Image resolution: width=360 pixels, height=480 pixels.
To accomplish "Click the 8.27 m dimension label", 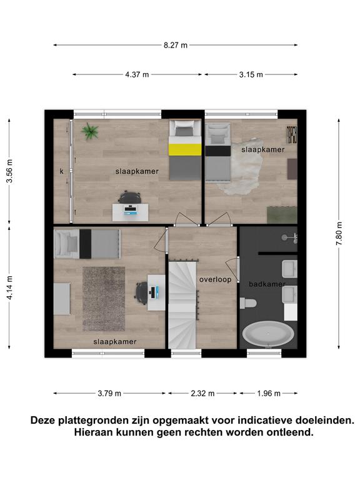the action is [176, 45].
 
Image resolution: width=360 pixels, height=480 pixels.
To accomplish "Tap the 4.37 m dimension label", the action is [137, 74].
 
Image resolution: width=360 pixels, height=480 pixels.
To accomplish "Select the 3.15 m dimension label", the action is [251, 74].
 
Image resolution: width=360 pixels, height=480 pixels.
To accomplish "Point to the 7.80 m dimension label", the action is [339, 234].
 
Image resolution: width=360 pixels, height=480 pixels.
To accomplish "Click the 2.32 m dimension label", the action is [202, 393].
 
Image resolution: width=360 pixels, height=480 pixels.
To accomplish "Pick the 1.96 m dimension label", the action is [269, 393].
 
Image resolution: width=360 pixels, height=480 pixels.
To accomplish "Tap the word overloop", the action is [216, 279].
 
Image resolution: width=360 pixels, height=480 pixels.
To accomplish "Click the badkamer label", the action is [267, 284].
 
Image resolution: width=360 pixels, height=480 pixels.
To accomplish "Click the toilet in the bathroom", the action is [248, 303].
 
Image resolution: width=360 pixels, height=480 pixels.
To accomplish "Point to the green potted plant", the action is [90, 131].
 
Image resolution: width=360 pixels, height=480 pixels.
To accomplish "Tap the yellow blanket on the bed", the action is [185, 150].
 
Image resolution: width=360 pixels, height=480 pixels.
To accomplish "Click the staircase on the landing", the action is [182, 304].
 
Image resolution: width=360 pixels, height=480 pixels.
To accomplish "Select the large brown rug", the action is [104, 299].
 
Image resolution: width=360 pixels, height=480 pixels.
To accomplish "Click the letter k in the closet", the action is [61, 171].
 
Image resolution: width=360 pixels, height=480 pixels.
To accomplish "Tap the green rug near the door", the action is [282, 215].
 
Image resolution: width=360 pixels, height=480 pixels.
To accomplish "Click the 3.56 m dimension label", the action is [10, 171].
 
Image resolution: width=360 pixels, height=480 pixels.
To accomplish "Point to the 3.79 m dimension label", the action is [109, 393].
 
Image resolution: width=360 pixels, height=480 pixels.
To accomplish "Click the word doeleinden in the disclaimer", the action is [325, 420].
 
